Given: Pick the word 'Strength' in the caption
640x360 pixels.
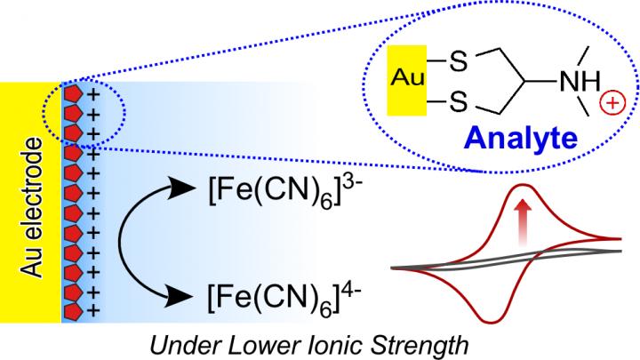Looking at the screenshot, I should point(405,342).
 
